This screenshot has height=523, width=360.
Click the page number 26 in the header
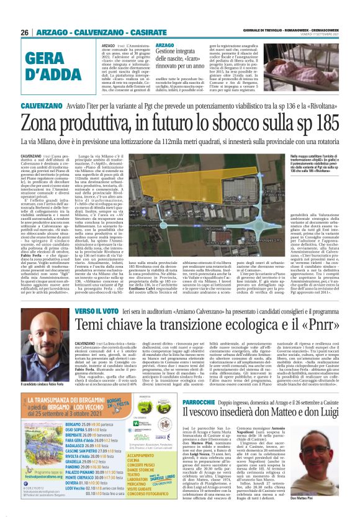(25, 33)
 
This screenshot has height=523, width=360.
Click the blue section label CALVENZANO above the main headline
(38, 106)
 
